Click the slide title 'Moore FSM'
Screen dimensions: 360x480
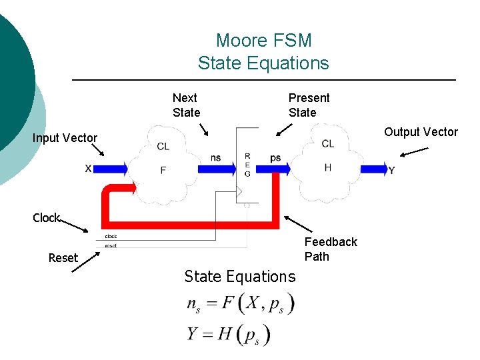(263, 41)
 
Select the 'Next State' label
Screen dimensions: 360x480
(186, 105)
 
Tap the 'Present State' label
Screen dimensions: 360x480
(309, 105)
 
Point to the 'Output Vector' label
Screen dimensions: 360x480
(421, 132)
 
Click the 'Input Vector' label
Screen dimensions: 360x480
(65, 138)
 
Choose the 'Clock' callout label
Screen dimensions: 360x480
(46, 218)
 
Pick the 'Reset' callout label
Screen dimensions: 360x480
(63, 258)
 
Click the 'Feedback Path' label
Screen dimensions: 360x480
(331, 249)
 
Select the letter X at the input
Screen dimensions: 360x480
(88, 169)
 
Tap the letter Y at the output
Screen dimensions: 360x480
(391, 171)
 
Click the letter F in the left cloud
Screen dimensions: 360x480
(163, 171)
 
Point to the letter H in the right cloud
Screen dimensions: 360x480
(327, 167)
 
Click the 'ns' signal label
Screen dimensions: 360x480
(216, 158)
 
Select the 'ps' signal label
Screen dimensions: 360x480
(275, 158)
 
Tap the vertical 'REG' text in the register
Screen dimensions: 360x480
(247, 165)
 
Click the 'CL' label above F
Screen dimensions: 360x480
(163, 147)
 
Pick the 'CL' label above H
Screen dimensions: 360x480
(327, 143)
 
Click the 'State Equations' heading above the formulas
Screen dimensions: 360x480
(239, 276)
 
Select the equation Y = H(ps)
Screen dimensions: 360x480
(229, 333)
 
